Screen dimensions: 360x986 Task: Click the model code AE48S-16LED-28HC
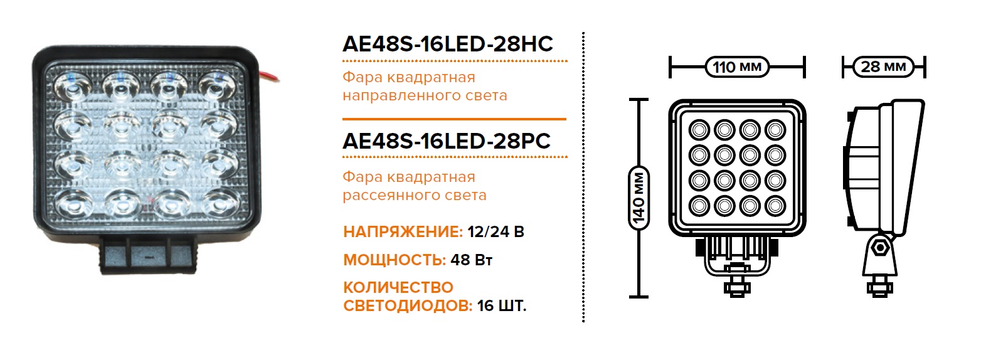447,44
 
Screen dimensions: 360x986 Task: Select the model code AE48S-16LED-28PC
446,140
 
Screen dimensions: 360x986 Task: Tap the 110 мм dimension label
737,66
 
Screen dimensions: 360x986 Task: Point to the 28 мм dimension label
883,66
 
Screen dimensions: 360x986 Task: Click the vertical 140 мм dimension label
639,198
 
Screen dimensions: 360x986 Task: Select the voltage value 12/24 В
496,232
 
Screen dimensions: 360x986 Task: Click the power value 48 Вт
471,260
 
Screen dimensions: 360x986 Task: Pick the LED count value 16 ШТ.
501,306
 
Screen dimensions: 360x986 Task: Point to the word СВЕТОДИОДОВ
407,306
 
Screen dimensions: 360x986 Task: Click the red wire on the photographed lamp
272,78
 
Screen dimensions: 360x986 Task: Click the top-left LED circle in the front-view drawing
699,130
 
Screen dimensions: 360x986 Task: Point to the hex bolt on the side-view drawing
880,248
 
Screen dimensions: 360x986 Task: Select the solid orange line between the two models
454,119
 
